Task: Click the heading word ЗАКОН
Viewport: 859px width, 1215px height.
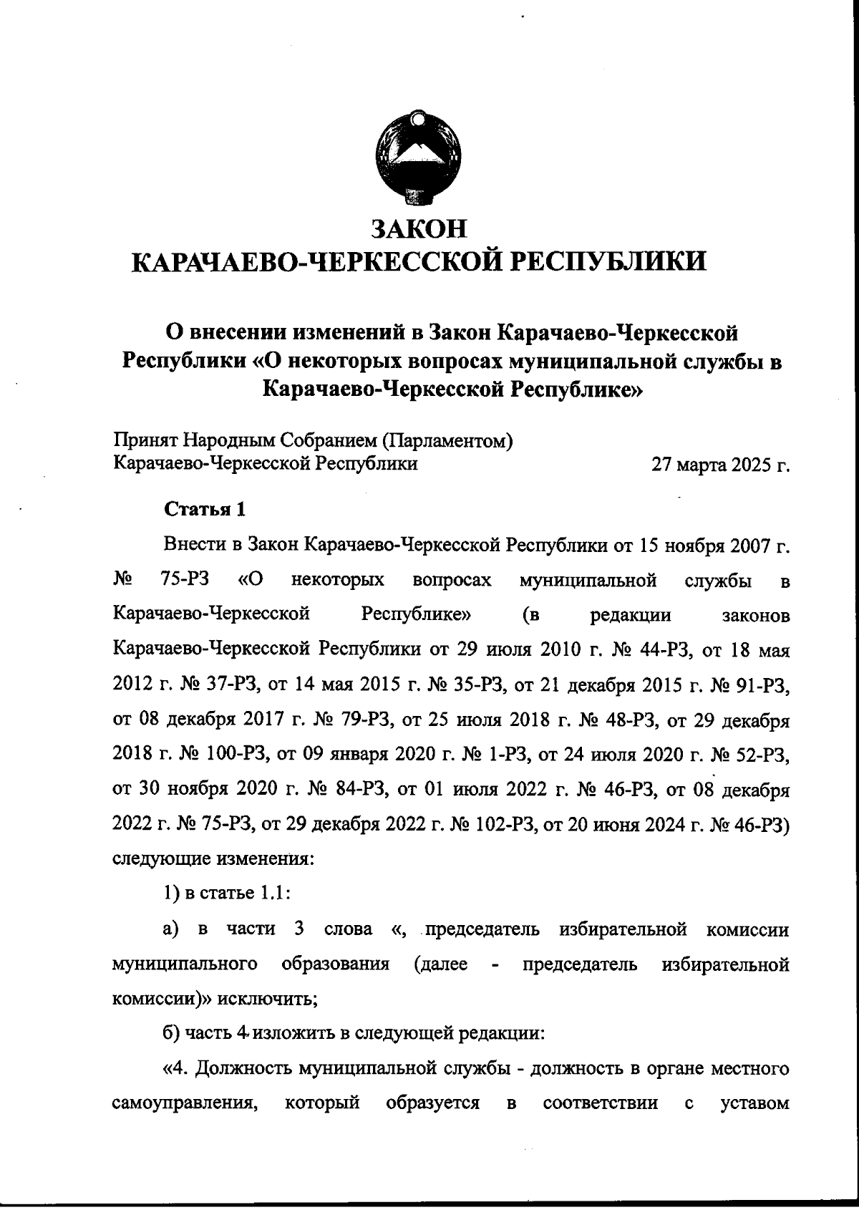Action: click(419, 228)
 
